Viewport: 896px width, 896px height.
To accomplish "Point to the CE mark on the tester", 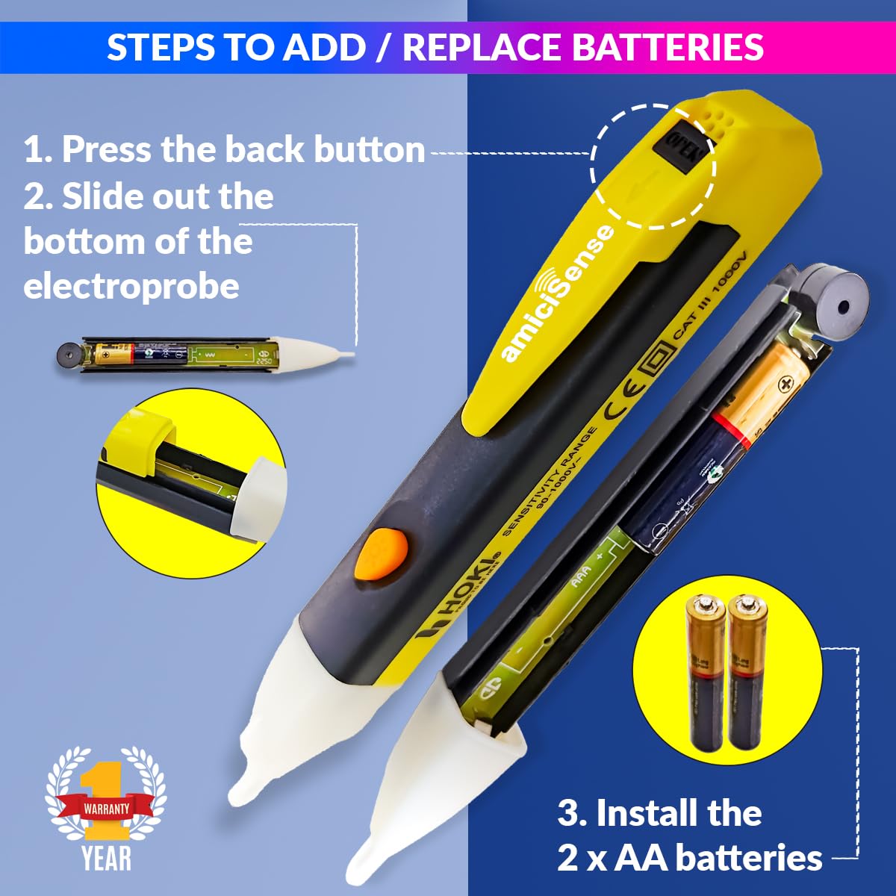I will click(620, 404).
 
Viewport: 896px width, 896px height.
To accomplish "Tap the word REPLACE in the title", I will click(482, 46).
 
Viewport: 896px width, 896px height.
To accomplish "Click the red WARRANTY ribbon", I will click(107, 808).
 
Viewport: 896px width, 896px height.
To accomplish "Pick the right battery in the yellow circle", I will click(747, 672).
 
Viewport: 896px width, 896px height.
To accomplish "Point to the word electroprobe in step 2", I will click(131, 287).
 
